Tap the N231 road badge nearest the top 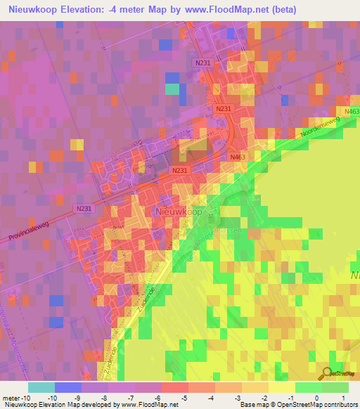point(202,63)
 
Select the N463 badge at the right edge point(352,112)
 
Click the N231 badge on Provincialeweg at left point(84,208)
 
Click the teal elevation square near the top point(172,89)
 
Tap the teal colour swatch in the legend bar point(41,387)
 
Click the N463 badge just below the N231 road point(237,157)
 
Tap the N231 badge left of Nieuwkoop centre point(179,171)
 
